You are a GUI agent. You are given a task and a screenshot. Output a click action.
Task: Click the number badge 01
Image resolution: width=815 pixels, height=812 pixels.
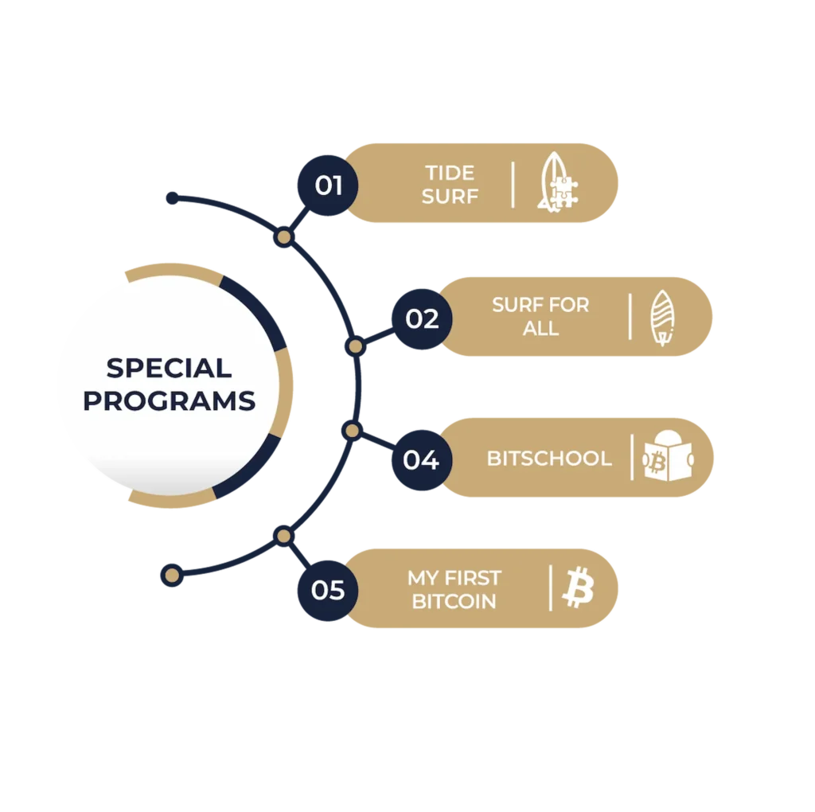point(326,185)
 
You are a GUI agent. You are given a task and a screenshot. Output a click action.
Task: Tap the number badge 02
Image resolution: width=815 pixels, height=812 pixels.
point(421,319)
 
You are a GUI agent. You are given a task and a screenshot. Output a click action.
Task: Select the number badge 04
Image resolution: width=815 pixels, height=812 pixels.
point(421,460)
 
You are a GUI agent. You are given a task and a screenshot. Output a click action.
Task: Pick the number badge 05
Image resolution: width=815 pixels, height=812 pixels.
point(326,590)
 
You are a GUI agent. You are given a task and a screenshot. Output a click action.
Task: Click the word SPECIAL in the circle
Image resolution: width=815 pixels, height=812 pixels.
point(169,368)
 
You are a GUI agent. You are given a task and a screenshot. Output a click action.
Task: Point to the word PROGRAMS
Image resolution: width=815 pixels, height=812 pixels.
point(169,400)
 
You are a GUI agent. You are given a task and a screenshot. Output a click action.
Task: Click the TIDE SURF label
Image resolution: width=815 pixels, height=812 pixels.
point(450,185)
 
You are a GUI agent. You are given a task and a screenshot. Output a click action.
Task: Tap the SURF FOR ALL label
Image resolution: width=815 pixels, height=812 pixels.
point(540,316)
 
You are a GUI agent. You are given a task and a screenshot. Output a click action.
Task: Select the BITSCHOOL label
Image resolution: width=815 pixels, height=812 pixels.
point(549,459)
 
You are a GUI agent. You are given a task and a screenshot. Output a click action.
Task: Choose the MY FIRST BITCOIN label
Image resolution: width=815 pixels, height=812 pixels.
point(454,589)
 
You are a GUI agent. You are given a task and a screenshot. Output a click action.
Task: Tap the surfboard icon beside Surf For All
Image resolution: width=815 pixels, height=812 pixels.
point(661,318)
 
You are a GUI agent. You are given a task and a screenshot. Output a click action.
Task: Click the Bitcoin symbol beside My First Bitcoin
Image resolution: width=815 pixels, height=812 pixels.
point(578,589)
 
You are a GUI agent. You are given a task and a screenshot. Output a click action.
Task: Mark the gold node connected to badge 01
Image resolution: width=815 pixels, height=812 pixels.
point(283,237)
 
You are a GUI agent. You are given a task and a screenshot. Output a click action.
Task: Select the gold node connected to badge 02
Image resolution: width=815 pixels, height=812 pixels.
point(355,346)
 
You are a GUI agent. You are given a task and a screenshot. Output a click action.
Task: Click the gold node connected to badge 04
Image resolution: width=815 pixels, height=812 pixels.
point(352,431)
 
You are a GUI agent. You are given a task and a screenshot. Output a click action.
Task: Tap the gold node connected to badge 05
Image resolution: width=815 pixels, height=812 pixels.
point(283,536)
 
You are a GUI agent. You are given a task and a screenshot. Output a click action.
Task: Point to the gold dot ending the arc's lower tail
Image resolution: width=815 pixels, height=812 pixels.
point(170,575)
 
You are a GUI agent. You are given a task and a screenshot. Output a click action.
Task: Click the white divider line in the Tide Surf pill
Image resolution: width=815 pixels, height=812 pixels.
point(513,185)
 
